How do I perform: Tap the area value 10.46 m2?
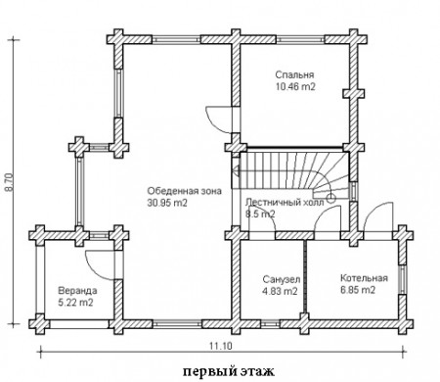(293, 86)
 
